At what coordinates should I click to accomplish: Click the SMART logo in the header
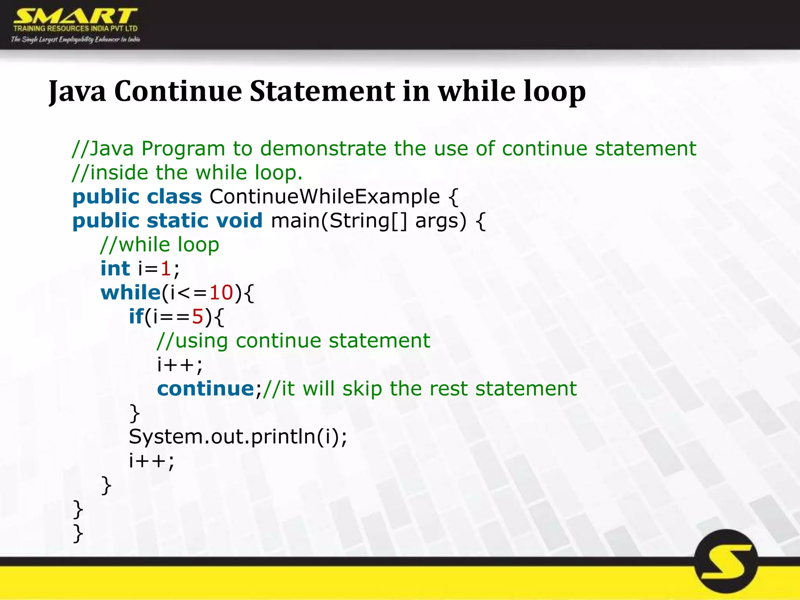tap(75, 16)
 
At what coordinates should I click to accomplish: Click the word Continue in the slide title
tap(178, 91)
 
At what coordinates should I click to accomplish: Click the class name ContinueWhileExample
tap(325, 196)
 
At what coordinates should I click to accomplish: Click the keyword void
tap(239, 221)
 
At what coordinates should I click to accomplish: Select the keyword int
tap(115, 269)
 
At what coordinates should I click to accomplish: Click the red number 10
tap(221, 293)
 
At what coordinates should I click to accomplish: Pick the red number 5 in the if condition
tap(198, 317)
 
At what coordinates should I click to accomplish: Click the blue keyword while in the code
tap(130, 293)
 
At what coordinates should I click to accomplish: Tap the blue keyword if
tap(136, 316)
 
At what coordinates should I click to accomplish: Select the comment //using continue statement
tap(293, 341)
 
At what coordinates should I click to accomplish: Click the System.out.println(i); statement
tap(237, 437)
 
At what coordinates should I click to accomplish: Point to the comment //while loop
tap(160, 245)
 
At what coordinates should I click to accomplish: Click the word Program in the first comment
tap(183, 148)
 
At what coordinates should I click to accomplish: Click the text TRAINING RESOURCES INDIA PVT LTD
tap(75, 29)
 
